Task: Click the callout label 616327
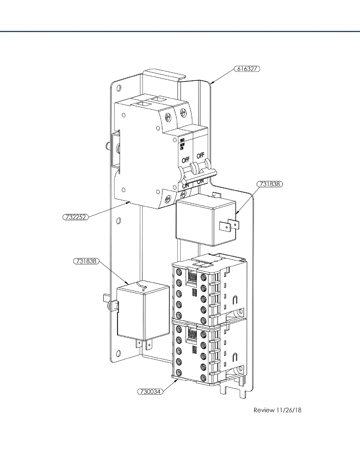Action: click(x=247, y=69)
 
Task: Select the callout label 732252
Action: click(x=76, y=217)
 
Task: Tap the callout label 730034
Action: click(x=150, y=392)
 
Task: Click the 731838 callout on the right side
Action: click(x=270, y=184)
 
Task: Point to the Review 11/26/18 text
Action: click(x=277, y=410)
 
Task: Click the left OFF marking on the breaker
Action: click(x=186, y=160)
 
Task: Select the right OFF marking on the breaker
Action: click(x=200, y=155)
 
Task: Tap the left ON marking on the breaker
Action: click(x=186, y=186)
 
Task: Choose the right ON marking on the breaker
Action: click(x=200, y=182)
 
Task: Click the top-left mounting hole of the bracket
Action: click(x=119, y=88)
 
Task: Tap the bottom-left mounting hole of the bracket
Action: click(x=119, y=353)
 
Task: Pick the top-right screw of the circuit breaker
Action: click(x=182, y=112)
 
